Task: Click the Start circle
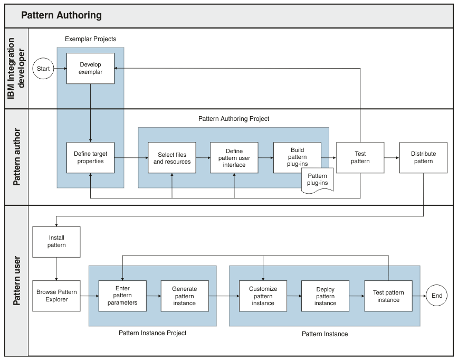coord(43,69)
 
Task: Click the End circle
coord(437,296)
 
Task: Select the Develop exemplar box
coord(90,68)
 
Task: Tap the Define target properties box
coord(90,157)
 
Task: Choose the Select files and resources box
coord(172,158)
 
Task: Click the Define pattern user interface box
coord(234,158)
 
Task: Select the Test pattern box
coord(360,158)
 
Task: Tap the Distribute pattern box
coord(423,158)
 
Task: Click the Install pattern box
coord(56,242)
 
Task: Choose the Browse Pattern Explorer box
coord(56,296)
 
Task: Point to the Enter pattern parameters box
coord(122,296)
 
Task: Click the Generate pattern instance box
coord(185,296)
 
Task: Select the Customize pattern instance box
coord(263,296)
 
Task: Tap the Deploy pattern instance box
coord(325,296)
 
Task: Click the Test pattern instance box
coord(388,296)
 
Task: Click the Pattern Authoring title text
coord(61,15)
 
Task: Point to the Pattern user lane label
coord(16,280)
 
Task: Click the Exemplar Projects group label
coord(90,39)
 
